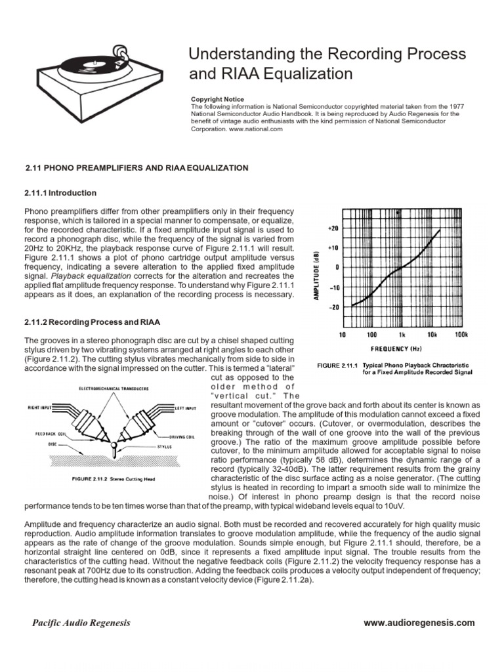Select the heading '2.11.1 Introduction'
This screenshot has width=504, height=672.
tap(60, 193)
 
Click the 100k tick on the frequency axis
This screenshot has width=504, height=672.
tap(461, 335)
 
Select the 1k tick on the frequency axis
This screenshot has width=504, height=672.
tap(401, 335)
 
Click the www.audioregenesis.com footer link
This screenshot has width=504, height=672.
tap(419, 622)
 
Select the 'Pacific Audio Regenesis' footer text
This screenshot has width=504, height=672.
tap(81, 623)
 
